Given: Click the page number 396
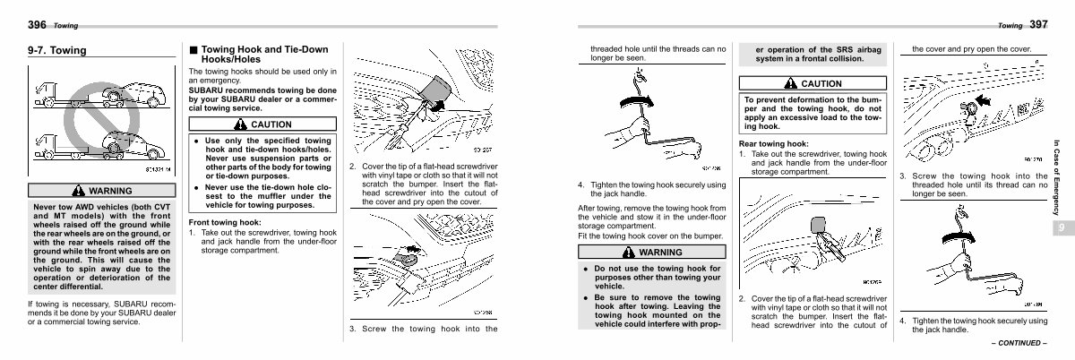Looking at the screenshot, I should (39, 25).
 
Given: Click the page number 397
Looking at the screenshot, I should (1039, 25).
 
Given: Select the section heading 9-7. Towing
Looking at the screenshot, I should (58, 51).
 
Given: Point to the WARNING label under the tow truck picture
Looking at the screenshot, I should (109, 191).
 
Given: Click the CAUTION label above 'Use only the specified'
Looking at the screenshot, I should (271, 124).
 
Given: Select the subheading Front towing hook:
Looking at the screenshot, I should (225, 222).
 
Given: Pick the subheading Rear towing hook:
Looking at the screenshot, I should (774, 143).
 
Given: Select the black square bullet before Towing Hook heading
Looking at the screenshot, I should (193, 49).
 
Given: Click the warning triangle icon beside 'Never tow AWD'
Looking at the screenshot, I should (78, 191).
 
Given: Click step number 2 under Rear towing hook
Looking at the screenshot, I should (743, 298).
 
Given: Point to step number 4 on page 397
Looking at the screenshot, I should (903, 320).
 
